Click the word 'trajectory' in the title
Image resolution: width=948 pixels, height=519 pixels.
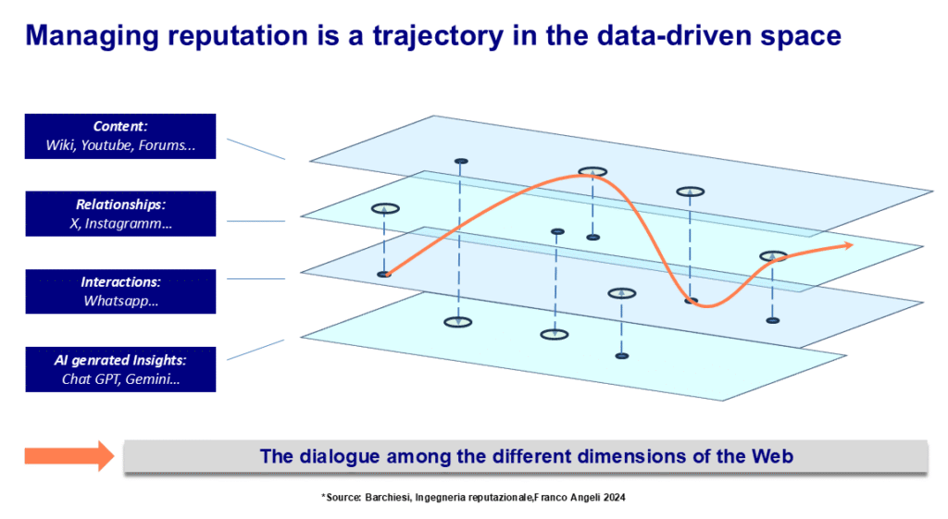click(x=438, y=36)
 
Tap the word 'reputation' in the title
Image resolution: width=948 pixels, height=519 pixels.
click(x=238, y=37)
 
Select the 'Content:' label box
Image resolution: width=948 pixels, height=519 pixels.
click(x=120, y=136)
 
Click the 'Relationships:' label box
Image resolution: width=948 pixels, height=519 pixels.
click(x=120, y=214)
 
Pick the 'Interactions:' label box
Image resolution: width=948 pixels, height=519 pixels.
click(x=120, y=291)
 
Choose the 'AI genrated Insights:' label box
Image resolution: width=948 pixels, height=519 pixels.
click(x=120, y=369)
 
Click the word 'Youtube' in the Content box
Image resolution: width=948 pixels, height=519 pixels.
click(x=106, y=145)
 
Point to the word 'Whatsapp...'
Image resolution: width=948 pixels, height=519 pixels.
click(x=121, y=302)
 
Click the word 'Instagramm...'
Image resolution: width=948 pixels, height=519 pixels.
click(x=128, y=224)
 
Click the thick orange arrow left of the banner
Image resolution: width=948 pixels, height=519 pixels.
click(x=69, y=456)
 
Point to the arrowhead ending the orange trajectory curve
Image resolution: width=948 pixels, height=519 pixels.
click(x=848, y=245)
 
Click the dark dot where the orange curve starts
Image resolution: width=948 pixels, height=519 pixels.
click(x=384, y=275)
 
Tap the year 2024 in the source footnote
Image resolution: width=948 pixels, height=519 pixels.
click(x=615, y=497)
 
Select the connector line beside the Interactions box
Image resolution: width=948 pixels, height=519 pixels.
click(x=256, y=278)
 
